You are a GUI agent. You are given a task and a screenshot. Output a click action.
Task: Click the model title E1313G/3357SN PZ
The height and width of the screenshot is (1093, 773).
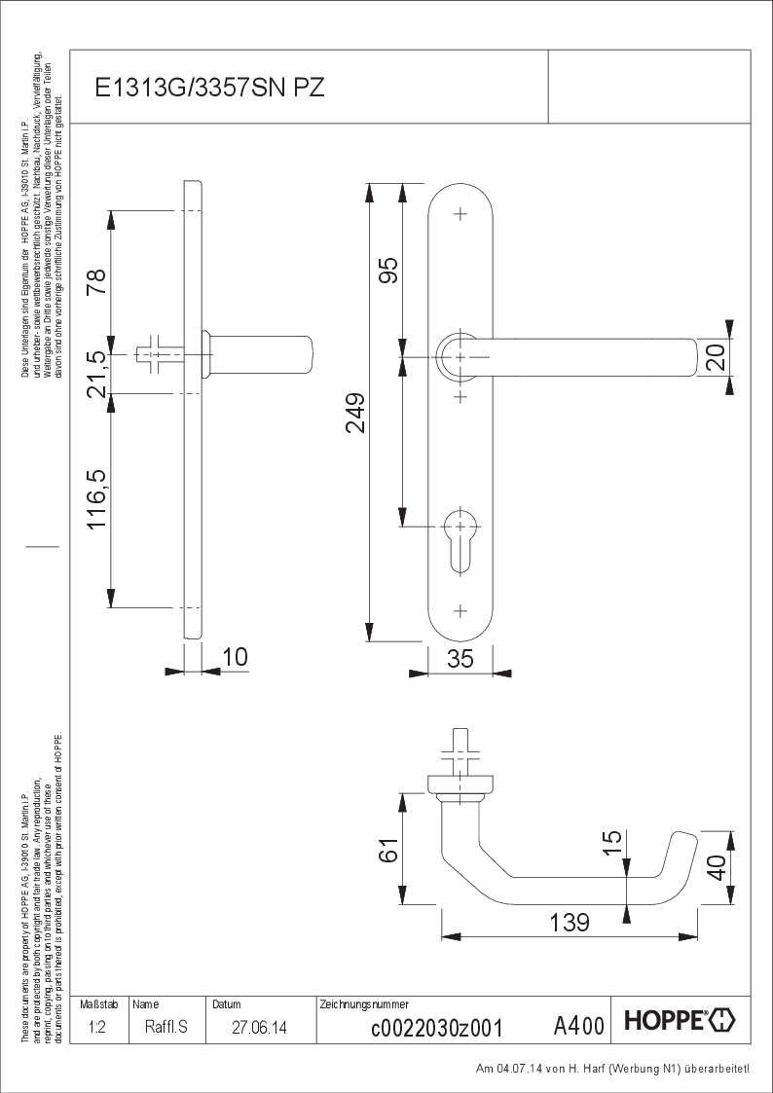pyautogui.click(x=210, y=88)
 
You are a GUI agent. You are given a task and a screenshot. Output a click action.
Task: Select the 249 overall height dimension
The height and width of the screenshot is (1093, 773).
pyautogui.click(x=356, y=413)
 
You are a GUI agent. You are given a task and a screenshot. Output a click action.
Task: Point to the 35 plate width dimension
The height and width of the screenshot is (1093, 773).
pyautogui.click(x=460, y=658)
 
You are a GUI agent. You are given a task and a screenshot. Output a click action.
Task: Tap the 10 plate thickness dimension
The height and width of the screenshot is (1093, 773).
pyautogui.click(x=235, y=657)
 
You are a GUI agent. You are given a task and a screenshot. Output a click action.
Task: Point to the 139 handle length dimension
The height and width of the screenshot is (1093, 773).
pyautogui.click(x=569, y=923)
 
